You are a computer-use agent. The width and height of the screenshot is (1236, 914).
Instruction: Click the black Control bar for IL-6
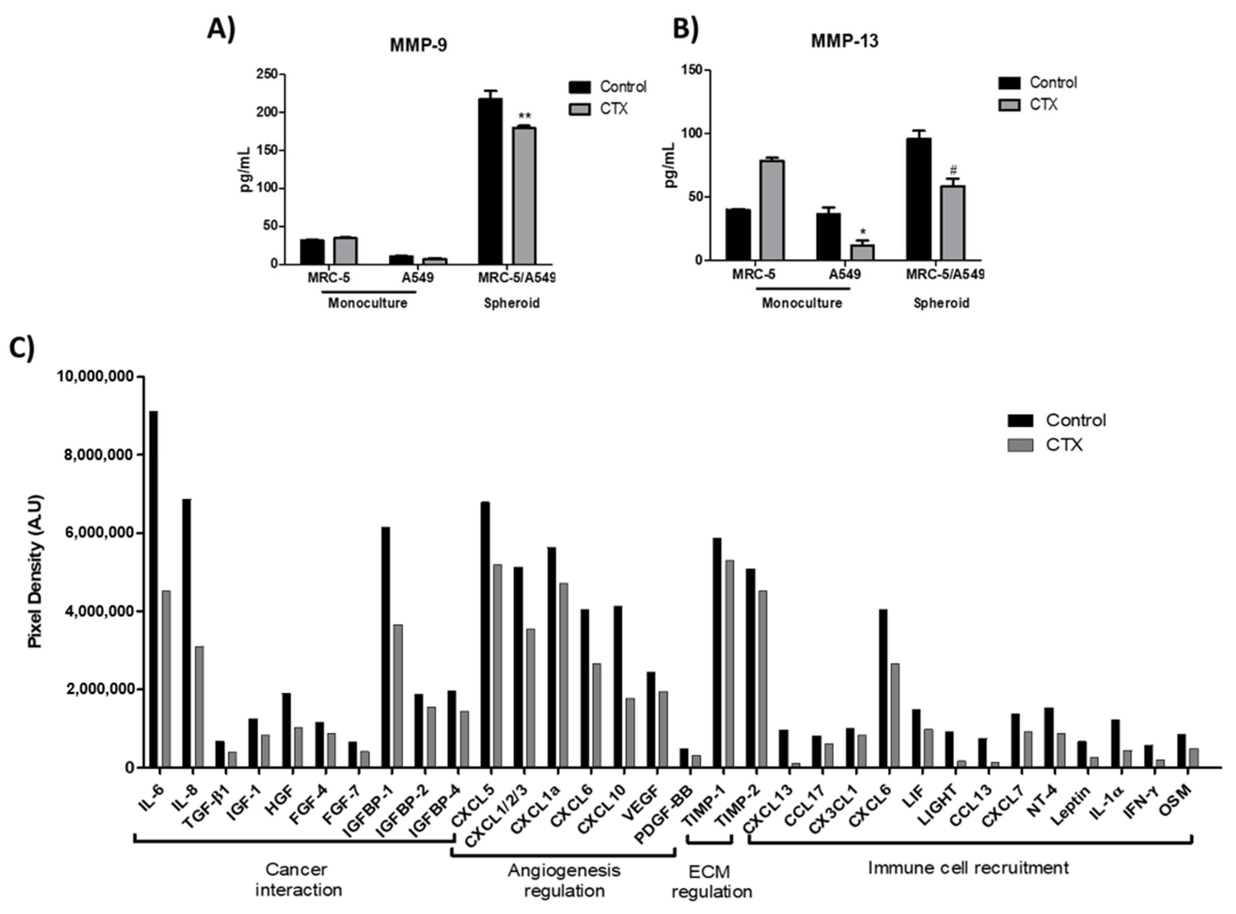point(153,589)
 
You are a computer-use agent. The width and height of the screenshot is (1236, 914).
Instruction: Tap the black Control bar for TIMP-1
point(717,653)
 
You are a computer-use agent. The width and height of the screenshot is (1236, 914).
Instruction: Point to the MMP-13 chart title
point(844,41)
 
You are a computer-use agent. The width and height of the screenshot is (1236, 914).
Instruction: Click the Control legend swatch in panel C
point(1020,421)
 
